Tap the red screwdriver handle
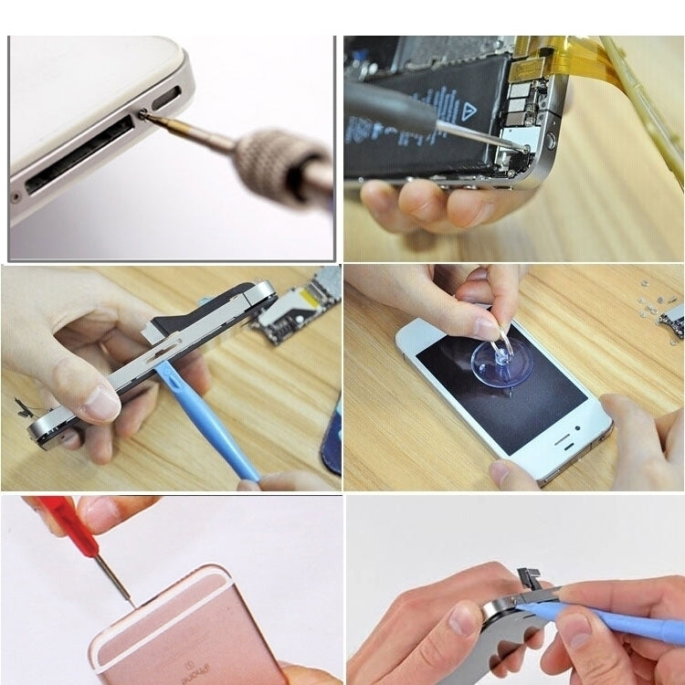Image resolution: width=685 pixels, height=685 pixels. pyautogui.click(x=60, y=520)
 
